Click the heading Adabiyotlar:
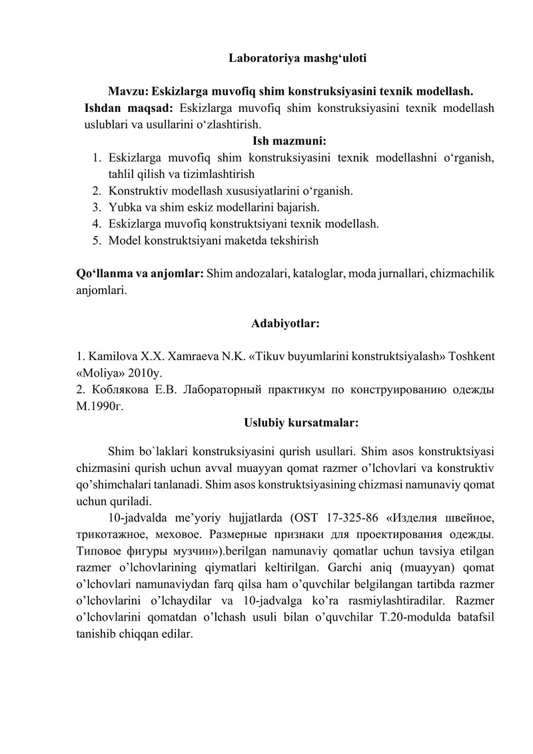[x=286, y=324]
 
